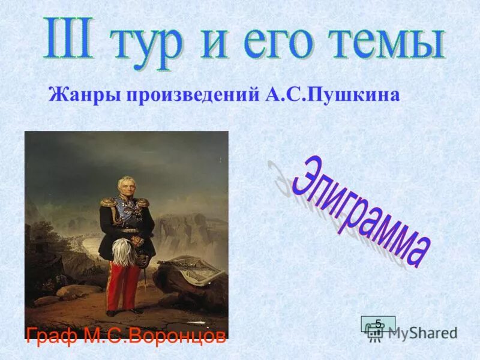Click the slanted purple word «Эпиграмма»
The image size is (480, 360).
pyautogui.click(x=360, y=210)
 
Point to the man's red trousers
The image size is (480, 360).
pyautogui.click(x=124, y=282)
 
